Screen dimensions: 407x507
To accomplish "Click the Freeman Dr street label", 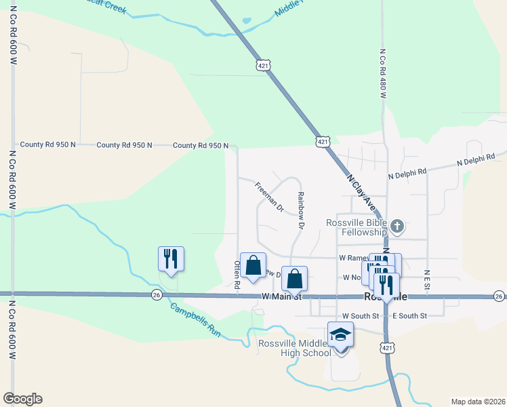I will coord(269,197).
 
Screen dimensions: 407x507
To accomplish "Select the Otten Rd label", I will coord(237,275).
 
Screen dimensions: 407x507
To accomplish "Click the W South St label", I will coord(360,316).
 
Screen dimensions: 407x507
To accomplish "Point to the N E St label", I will coord(428,280).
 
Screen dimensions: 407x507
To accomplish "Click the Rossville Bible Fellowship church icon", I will coord(398,225).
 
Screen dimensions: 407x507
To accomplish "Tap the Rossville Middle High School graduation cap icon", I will coord(340,334).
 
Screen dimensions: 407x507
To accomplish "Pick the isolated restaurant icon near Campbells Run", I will coord(171,258).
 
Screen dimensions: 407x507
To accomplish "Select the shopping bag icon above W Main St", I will coord(294,278).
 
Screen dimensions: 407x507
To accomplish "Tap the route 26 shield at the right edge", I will coord(499,296).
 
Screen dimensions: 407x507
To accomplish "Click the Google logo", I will coord(22,398).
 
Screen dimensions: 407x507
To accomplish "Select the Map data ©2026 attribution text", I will coord(478,401).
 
